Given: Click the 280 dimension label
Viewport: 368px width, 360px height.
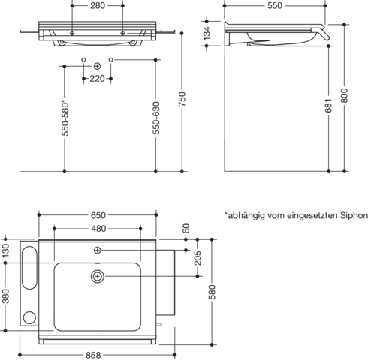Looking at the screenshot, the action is [98, 5].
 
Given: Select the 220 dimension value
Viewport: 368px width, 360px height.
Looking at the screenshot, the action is [97, 79].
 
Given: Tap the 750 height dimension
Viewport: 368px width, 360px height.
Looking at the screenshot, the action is [182, 99].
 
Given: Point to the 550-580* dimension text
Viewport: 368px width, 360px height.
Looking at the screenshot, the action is [65, 118].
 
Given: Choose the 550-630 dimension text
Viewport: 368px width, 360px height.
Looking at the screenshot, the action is [156, 118].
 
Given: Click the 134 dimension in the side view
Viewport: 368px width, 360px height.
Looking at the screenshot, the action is [207, 33].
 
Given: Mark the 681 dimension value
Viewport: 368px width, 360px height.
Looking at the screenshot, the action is [329, 105].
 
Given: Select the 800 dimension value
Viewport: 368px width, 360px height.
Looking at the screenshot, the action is [345, 95].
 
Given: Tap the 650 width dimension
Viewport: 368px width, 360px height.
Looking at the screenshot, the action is [98, 215].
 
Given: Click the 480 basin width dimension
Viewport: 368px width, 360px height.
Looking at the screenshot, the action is [98, 229].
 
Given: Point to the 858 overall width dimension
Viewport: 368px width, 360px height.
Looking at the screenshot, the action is [93, 355].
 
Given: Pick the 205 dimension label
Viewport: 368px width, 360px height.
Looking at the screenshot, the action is [198, 257].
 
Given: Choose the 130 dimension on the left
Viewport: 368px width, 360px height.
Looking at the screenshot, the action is [5, 250].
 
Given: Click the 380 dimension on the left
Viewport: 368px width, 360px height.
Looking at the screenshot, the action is [5, 296].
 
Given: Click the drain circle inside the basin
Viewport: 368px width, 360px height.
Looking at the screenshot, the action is [98, 276].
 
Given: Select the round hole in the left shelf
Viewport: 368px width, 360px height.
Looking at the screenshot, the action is [29, 317].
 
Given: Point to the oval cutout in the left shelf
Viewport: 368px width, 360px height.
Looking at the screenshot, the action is [29, 268].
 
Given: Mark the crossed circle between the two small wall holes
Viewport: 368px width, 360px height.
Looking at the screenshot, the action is [97, 66].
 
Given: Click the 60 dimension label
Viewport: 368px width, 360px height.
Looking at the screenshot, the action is [186, 229].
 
